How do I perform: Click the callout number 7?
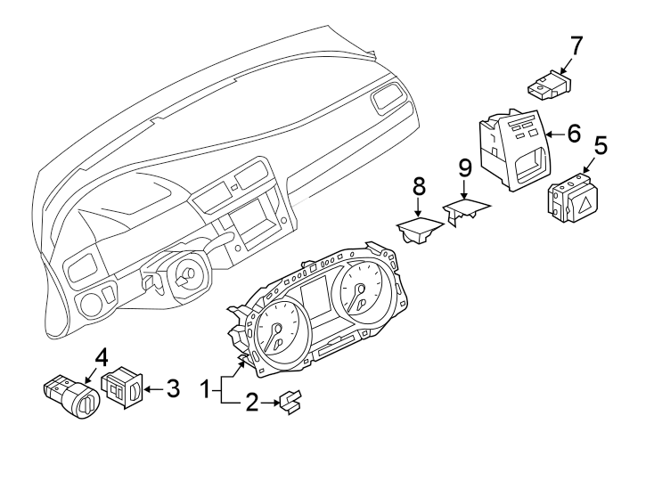click(576, 45)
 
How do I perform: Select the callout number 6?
click(573, 135)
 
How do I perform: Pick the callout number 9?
click(463, 167)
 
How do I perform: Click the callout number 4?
click(101, 357)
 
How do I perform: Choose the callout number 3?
click(172, 388)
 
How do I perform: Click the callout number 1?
click(206, 389)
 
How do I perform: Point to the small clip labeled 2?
click(290, 403)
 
